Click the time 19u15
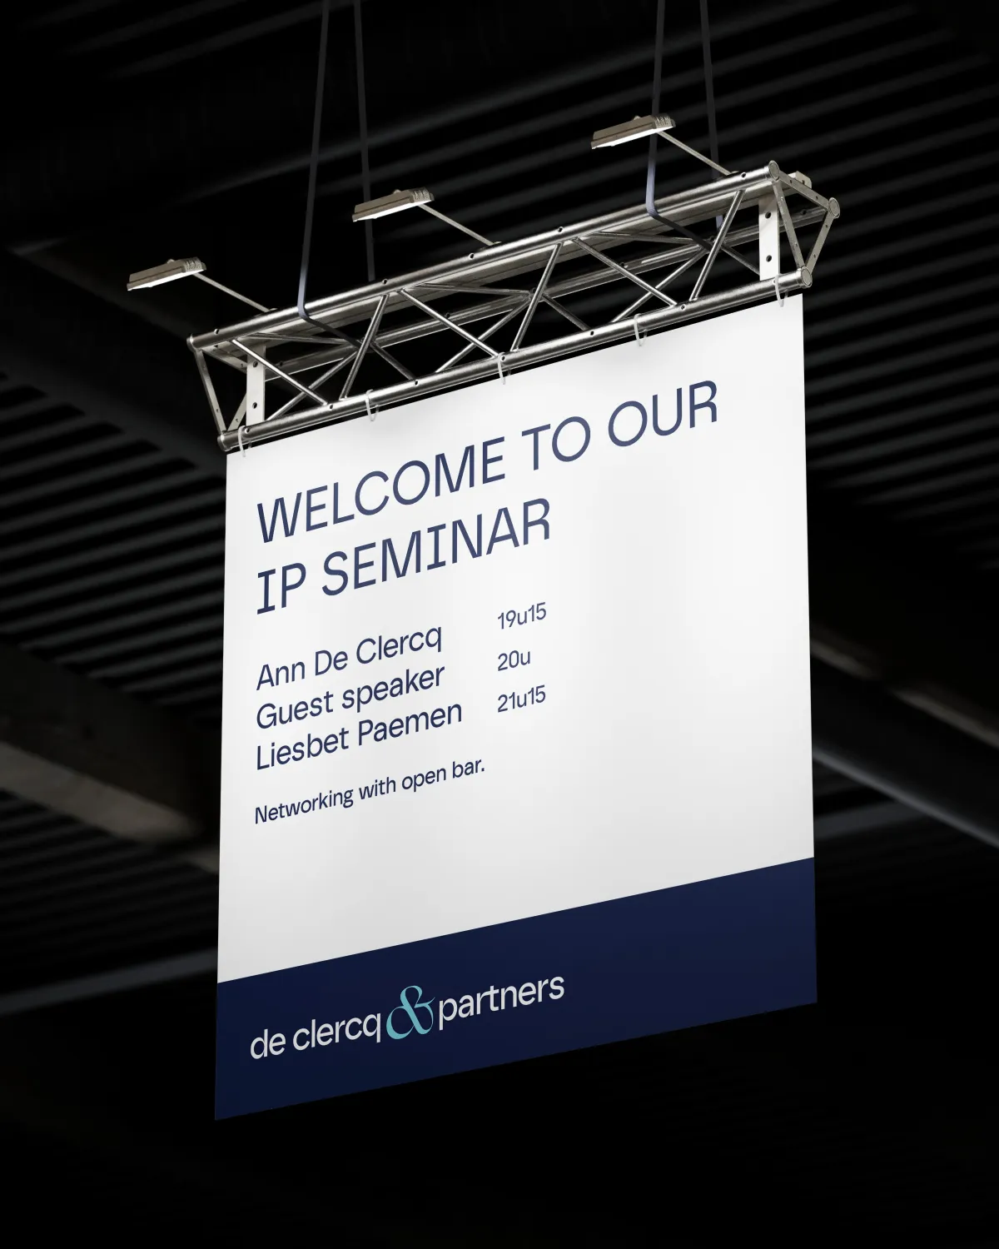(x=521, y=616)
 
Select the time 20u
(x=514, y=660)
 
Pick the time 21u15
(x=521, y=701)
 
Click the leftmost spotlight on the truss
(x=166, y=273)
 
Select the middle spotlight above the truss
(x=393, y=206)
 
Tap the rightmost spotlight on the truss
(x=634, y=132)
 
